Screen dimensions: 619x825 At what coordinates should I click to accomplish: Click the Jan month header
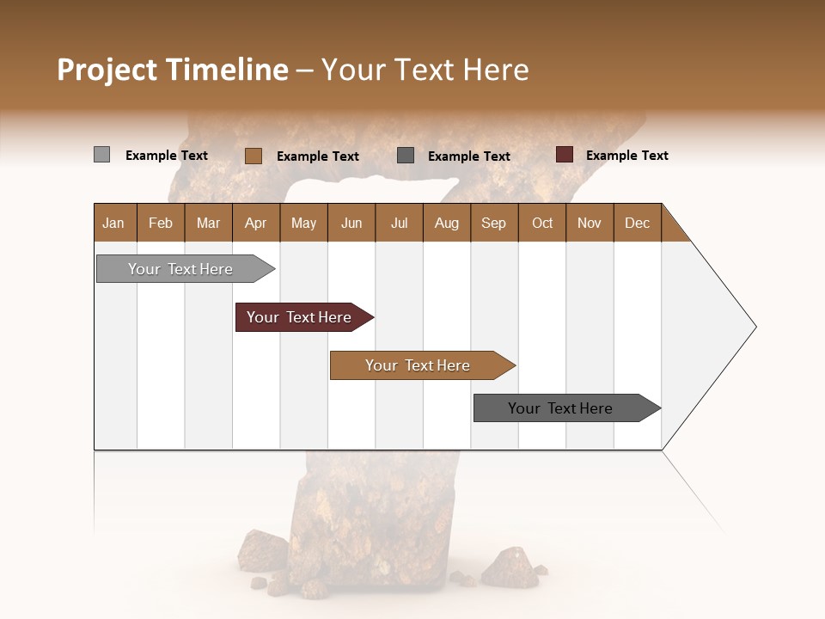[x=114, y=223]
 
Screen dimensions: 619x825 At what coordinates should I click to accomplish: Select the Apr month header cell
[x=256, y=223]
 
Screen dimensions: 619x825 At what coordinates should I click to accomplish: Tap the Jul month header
[x=399, y=223]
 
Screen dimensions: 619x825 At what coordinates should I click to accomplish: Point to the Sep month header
[x=493, y=223]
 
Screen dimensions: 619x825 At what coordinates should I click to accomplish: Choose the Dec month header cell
[x=637, y=223]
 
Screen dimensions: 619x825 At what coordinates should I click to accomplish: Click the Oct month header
[x=542, y=223]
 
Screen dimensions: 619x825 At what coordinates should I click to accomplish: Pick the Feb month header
[x=161, y=223]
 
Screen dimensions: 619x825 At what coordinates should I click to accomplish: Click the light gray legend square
[x=101, y=155]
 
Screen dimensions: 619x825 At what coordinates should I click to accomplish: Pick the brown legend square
[x=254, y=156]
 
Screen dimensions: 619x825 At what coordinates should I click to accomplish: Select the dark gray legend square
[x=406, y=156]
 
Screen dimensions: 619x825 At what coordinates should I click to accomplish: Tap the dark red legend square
[x=564, y=155]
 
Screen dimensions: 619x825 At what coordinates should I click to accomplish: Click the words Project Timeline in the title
[x=172, y=70]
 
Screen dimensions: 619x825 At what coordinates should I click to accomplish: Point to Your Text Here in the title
[x=425, y=70]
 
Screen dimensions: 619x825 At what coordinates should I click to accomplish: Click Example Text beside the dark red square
[x=626, y=156]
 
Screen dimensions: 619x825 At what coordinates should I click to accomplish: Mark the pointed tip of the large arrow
[x=755, y=326]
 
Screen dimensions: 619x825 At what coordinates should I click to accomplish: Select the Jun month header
[x=351, y=223]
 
